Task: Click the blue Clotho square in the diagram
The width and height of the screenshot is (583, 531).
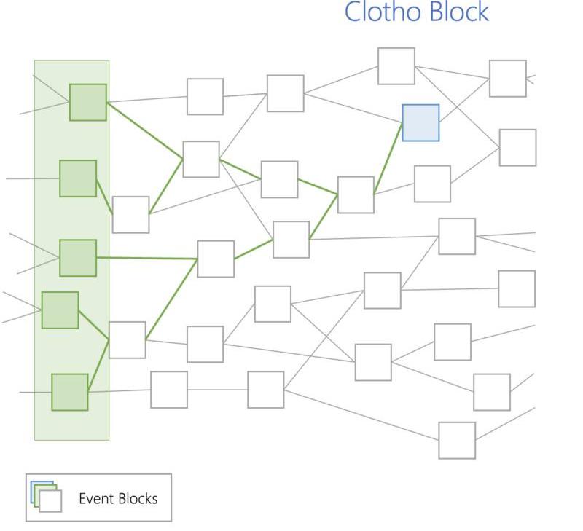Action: pyautogui.click(x=420, y=122)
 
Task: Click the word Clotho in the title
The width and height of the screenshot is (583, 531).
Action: pyautogui.click(x=379, y=12)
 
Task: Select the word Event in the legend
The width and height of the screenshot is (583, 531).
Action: pyautogui.click(x=95, y=499)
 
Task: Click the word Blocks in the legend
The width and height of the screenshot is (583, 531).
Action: pyautogui.click(x=138, y=499)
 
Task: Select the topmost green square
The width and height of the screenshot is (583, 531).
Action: pyautogui.click(x=88, y=102)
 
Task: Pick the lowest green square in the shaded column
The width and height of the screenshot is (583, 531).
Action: pyautogui.click(x=70, y=392)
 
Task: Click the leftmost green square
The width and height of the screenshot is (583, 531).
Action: pyautogui.click(x=60, y=310)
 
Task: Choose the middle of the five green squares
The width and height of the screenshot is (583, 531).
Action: pyautogui.click(x=78, y=258)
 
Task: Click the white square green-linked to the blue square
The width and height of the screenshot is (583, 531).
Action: pyautogui.click(x=356, y=194)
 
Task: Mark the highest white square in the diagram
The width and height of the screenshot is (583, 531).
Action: pyautogui.click(x=396, y=66)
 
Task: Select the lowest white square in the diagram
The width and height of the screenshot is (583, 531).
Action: pyautogui.click(x=457, y=440)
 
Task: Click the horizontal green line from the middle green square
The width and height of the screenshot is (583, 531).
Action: pyautogui.click(x=146, y=258)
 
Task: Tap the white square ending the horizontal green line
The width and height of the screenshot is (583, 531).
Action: pyautogui.click(x=216, y=259)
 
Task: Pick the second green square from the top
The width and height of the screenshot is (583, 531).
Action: pyautogui.click(x=78, y=178)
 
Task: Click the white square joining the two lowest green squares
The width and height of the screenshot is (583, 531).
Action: pyautogui.click(x=127, y=339)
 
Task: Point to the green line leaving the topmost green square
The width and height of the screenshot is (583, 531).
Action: pyautogui.click(x=144, y=130)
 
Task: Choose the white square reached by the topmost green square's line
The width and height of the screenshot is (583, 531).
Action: pyautogui.click(x=201, y=160)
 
